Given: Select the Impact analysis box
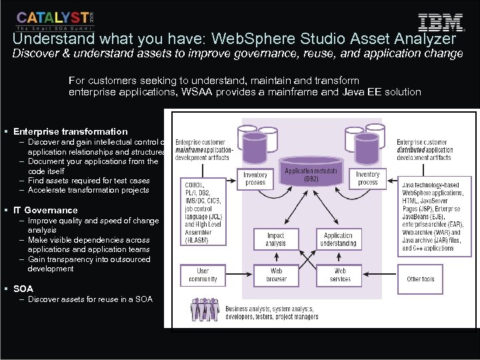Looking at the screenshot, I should click(x=275, y=239).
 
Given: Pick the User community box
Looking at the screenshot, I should click(x=202, y=275).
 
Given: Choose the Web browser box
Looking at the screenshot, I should click(x=275, y=275).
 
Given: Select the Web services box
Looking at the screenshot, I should click(x=339, y=275).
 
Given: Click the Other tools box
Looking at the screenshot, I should click(x=420, y=279).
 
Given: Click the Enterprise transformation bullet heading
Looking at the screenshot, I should click(x=70, y=131).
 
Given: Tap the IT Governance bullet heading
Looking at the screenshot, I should click(x=45, y=210).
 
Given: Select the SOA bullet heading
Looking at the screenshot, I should click(x=23, y=289).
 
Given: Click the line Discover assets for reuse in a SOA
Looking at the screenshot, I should click(x=90, y=299).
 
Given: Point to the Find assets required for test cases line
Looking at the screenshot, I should click(x=89, y=180).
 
